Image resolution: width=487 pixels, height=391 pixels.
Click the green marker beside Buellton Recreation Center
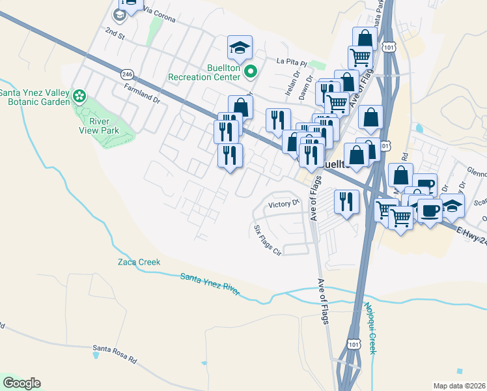[254, 72]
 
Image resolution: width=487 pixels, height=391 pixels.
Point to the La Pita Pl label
[291, 62]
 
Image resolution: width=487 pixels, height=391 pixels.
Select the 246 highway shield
[127, 74]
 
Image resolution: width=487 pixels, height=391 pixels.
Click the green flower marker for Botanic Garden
[79, 97]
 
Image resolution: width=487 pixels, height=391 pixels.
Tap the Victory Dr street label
[283, 204]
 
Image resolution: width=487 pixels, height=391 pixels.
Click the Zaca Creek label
[139, 262]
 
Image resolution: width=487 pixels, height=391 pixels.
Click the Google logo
[21, 383]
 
